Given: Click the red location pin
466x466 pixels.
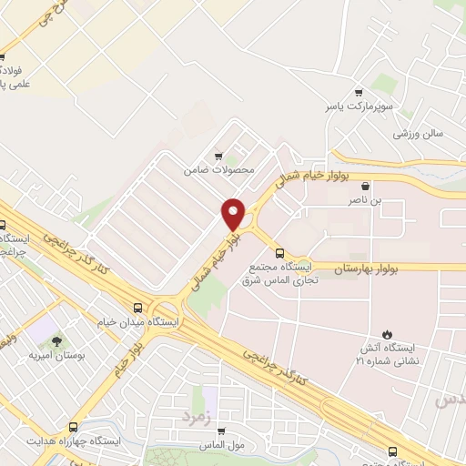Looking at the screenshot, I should tap(233, 214).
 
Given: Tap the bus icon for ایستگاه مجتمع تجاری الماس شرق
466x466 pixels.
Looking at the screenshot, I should tap(279, 253).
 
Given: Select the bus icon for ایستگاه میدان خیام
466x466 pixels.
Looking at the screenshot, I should tap(137, 308).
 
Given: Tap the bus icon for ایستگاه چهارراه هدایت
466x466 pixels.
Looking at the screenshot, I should tap(74, 426).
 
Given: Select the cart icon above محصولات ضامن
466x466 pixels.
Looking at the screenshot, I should tap(216, 156).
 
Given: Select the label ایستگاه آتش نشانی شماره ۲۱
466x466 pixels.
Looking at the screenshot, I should tap(389, 354).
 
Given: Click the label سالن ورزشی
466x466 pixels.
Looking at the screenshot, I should tap(419, 133).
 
